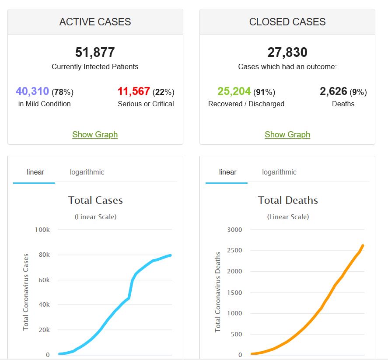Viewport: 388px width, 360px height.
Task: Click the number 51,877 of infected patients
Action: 95,52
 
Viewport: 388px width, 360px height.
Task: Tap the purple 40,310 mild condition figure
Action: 32,91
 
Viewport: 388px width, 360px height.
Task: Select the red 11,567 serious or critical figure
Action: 134,91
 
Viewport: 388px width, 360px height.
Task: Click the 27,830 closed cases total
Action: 287,52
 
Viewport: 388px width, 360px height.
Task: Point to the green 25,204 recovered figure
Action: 234,91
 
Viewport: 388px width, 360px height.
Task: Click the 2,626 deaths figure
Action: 333,91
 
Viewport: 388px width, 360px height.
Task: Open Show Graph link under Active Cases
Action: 95,134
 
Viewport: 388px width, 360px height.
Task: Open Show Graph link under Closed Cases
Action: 287,134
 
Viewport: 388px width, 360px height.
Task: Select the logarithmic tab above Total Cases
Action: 87,172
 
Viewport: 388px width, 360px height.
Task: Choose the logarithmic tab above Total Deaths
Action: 279,172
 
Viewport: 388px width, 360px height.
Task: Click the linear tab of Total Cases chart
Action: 35,172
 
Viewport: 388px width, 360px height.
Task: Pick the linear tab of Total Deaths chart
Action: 227,172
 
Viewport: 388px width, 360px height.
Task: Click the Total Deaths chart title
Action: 288,200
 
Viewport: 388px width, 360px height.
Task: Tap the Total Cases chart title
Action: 95,200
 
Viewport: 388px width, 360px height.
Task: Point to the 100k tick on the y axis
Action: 42,230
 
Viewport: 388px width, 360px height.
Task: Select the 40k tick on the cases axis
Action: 44,305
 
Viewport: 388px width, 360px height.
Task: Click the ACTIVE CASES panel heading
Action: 95,22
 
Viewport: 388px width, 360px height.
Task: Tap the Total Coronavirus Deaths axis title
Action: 218,292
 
